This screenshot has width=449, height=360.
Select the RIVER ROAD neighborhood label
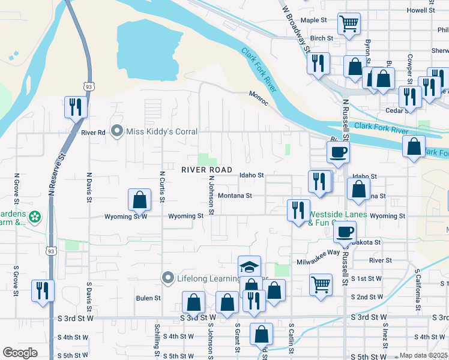(x=206, y=170)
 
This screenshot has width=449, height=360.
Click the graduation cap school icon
(x=250, y=266)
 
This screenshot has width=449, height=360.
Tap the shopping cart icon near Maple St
(x=349, y=23)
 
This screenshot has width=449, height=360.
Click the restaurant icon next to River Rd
(x=76, y=106)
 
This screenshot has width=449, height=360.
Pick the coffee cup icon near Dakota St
(x=344, y=232)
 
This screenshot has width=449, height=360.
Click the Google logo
(x=20, y=353)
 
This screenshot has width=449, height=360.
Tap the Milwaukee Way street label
(x=318, y=253)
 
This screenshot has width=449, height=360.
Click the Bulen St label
(x=148, y=298)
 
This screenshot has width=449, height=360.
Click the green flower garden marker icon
(x=35, y=216)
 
